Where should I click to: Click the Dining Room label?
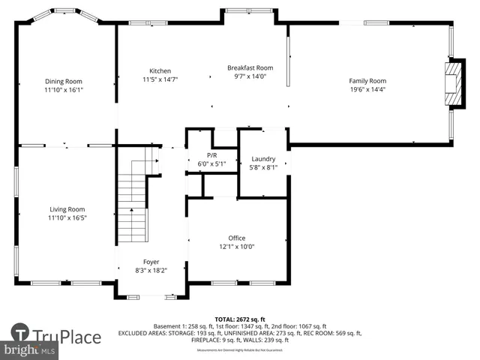click(x=63, y=81)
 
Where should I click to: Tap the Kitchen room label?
click(x=160, y=70)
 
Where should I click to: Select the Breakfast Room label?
click(x=250, y=67)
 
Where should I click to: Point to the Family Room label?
click(x=367, y=81)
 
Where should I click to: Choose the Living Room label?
click(x=67, y=209)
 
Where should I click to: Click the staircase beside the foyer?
click(x=133, y=202)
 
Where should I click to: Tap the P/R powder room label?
click(x=211, y=154)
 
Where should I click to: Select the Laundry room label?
click(x=263, y=159)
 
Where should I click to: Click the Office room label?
click(x=236, y=238)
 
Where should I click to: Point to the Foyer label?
click(x=151, y=262)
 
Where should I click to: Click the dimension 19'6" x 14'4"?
click(x=367, y=89)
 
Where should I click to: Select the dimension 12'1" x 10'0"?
click(x=236, y=246)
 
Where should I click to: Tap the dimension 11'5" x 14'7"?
click(x=160, y=79)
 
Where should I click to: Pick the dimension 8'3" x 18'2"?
click(x=151, y=270)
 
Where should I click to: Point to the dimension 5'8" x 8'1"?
click(x=263, y=167)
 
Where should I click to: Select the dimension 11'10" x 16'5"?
click(x=67, y=217)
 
